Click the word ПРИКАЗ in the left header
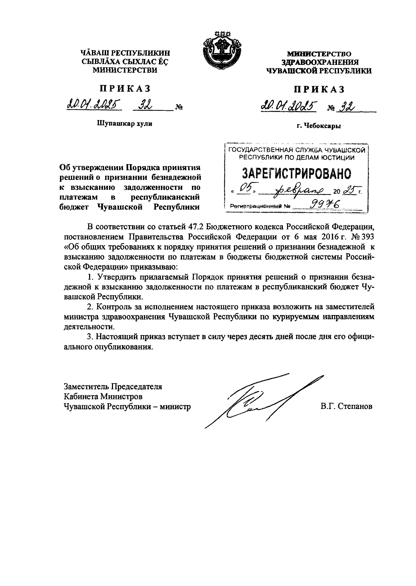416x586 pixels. [125, 89]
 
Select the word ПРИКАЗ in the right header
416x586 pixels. [319, 89]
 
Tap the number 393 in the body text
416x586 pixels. [368, 237]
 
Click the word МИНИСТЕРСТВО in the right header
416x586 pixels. [319, 54]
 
